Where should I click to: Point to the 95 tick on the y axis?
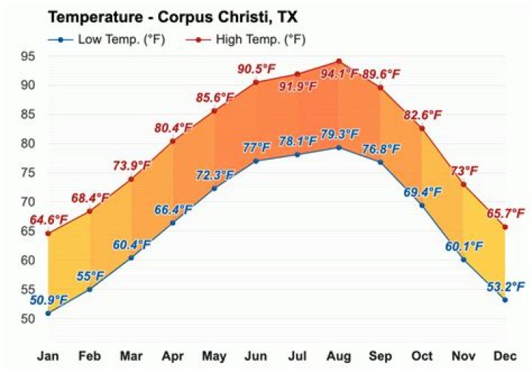point(27,56)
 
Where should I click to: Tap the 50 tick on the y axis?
point(27,319)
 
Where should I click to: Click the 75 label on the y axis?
point(27,173)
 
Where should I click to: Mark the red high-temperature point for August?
point(339,61)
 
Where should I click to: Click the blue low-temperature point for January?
point(48,313)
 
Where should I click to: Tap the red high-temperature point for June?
point(256,82)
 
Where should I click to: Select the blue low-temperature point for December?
point(505,300)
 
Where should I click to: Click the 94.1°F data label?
point(339,74)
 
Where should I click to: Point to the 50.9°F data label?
point(49,300)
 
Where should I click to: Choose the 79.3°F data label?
point(338,135)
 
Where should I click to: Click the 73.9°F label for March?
point(131,164)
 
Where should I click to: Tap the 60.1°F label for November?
point(463,246)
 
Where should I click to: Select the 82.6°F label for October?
point(421,115)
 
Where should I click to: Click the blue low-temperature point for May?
point(214,188)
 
